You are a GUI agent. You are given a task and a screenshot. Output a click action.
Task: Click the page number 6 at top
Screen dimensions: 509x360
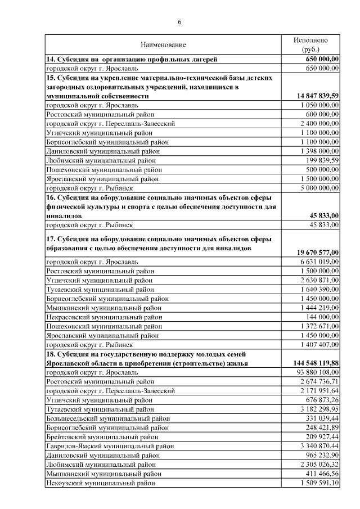point(179,22)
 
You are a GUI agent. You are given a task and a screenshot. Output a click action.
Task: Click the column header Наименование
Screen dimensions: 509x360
point(163,44)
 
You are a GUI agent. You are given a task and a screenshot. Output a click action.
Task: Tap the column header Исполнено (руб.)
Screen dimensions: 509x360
point(310,45)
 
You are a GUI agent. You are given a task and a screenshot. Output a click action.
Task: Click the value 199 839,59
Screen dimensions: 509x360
point(320,160)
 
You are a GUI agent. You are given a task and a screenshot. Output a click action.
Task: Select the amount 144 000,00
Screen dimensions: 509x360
point(322,317)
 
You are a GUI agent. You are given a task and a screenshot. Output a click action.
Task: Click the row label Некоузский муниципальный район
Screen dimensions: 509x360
point(100,482)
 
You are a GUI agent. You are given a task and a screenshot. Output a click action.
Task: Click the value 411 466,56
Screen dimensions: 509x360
point(320,473)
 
